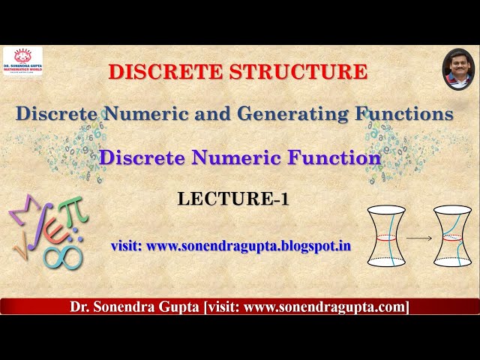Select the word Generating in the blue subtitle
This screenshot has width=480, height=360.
289,114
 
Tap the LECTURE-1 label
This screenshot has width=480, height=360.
233,199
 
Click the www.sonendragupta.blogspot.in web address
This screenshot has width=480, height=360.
249,245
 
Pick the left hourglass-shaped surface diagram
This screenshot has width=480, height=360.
387,236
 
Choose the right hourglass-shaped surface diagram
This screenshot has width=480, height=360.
451,236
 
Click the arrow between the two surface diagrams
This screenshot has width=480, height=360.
419,238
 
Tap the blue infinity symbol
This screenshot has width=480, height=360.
63,256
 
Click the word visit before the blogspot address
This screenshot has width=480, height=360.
126,245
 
